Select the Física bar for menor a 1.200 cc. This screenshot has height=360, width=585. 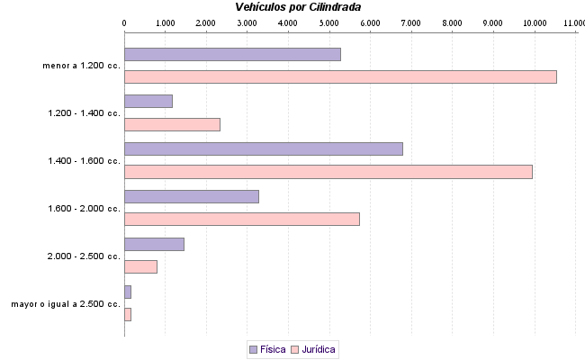click(232, 54)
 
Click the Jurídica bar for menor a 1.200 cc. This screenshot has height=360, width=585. click(340, 76)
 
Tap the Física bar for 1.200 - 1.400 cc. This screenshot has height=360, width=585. click(148, 101)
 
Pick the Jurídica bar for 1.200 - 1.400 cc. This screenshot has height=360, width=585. click(172, 124)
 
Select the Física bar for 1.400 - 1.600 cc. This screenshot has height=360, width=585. click(263, 148)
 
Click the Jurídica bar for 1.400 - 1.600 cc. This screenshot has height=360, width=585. click(328, 172)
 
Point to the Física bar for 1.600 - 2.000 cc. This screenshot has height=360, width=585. click(191, 196)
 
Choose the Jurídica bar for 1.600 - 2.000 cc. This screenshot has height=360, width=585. click(241, 219)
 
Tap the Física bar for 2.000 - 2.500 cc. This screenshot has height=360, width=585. click(154, 244)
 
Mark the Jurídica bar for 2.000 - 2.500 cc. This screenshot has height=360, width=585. click(140, 266)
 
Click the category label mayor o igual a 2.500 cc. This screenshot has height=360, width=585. click(66, 303)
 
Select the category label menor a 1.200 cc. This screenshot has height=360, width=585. click(81, 66)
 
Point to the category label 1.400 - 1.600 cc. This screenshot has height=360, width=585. click(84, 161)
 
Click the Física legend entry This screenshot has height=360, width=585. click(267, 349)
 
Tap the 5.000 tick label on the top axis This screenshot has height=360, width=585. click(328, 22)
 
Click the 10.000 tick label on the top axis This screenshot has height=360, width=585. click(534, 22)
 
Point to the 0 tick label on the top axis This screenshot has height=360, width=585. click(124, 22)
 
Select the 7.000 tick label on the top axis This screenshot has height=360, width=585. click(410, 22)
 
